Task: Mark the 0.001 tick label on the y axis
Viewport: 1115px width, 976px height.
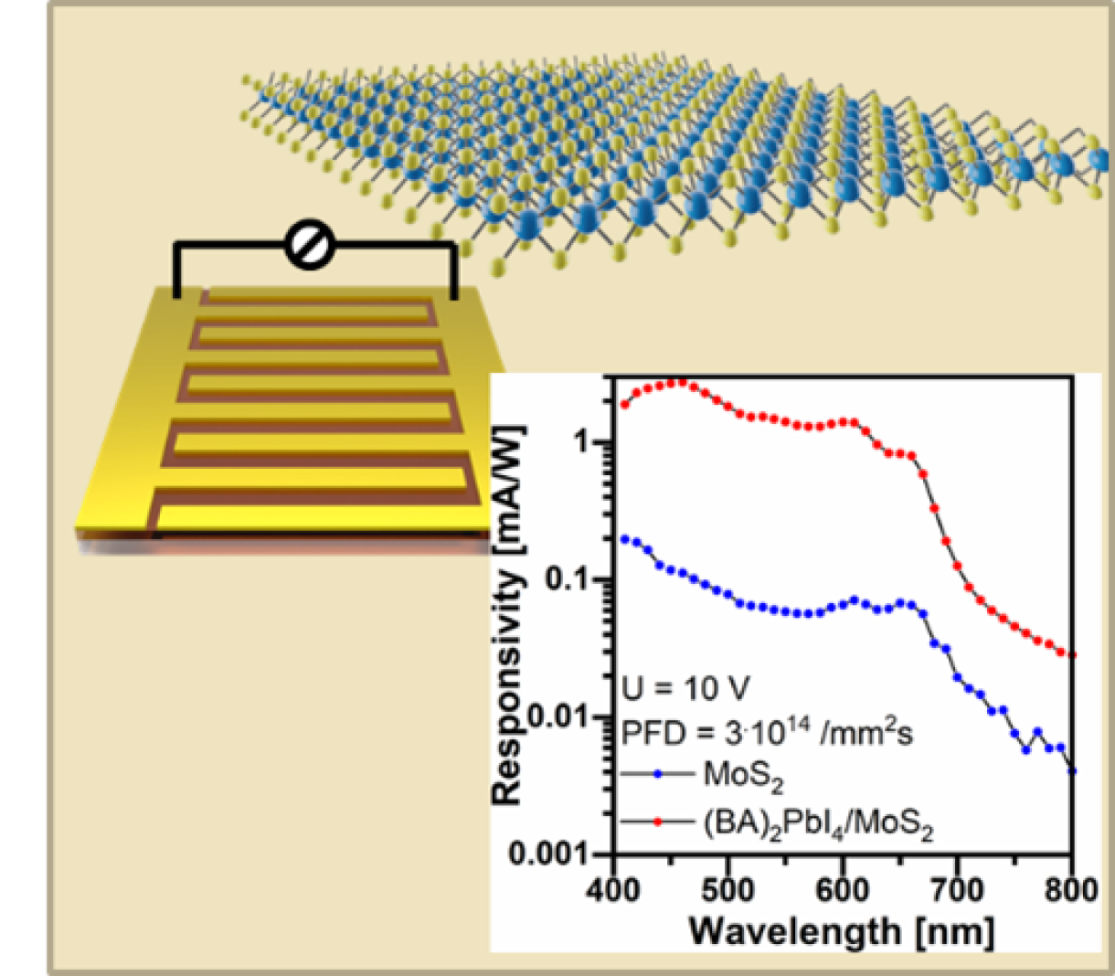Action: pos(548,854)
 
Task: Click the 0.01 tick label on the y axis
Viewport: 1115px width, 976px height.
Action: pos(557,716)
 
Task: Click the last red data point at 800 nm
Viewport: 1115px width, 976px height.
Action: pos(1072,654)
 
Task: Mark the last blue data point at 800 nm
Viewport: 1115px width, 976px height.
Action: pos(1072,771)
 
